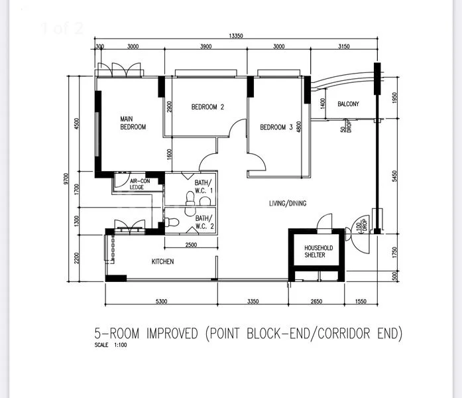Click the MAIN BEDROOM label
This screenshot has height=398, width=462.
[x=133, y=123]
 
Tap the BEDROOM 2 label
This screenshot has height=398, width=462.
[x=208, y=107]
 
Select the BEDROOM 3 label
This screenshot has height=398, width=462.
[x=276, y=127]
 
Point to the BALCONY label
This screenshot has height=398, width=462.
[x=348, y=104]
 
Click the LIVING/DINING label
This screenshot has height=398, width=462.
[x=288, y=204]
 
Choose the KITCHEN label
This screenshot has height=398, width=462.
[x=162, y=261]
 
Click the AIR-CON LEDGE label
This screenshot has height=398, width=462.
[x=139, y=184]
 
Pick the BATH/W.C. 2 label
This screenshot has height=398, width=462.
[x=203, y=222]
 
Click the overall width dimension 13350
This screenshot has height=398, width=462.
[x=234, y=35]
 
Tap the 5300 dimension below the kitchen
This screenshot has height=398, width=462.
[x=161, y=302]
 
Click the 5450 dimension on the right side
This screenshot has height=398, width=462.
[x=394, y=176]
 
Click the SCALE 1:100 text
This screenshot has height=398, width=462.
[x=110, y=346]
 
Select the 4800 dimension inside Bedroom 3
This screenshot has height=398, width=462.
[x=300, y=127]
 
